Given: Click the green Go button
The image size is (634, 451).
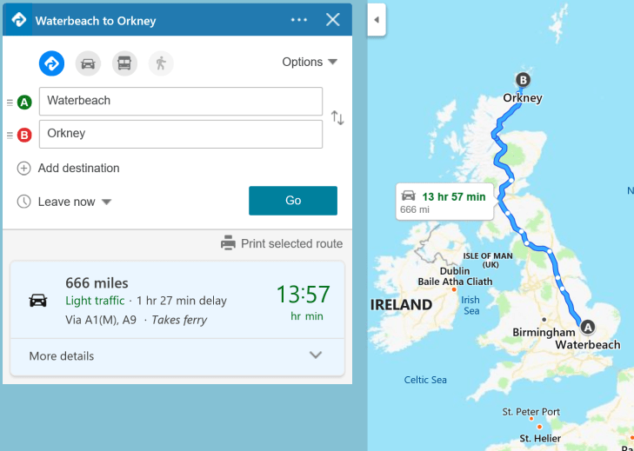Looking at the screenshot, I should (292, 201).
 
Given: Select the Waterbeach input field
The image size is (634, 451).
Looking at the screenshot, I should (180, 101).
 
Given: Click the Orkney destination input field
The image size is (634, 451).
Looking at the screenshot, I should (180, 134).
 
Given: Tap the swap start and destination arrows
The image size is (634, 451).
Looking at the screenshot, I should (337, 118).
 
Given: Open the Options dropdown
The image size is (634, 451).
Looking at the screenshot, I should (309, 62).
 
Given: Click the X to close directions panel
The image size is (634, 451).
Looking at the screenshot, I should (332, 20).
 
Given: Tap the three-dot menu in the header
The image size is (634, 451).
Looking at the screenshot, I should (299, 20).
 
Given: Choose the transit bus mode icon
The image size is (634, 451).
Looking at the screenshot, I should (124, 63).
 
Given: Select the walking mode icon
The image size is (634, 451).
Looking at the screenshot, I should (160, 63).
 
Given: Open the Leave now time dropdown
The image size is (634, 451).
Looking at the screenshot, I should (65, 202).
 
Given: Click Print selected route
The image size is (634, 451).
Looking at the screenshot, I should (282, 243).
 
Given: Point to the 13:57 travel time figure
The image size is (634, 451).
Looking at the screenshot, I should (304, 295).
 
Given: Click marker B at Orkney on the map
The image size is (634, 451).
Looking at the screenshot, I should (523, 80).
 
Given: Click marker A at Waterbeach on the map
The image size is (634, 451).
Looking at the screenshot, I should (587, 328).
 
